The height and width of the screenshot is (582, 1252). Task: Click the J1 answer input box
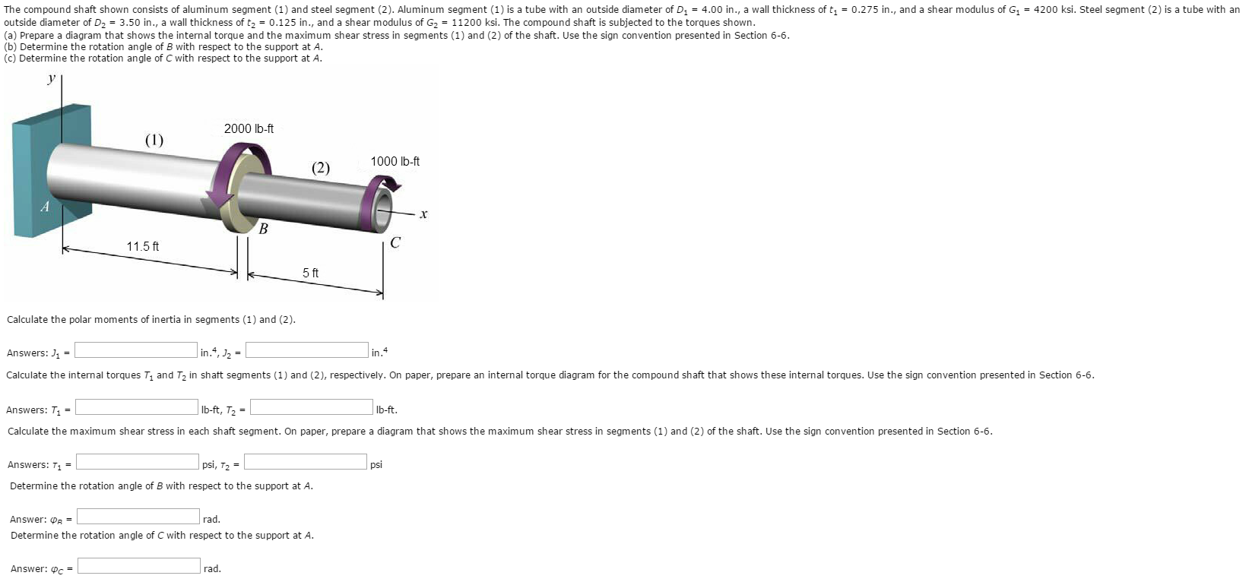(136, 350)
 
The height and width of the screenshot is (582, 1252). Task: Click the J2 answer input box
(307, 350)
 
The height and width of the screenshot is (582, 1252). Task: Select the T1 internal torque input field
(137, 407)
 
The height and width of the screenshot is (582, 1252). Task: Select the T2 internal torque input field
(312, 407)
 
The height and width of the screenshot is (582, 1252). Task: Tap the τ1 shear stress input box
(138, 462)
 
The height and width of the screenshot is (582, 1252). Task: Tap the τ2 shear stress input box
(306, 462)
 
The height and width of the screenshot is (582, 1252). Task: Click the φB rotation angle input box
(138, 517)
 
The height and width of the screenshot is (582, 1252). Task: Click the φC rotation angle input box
(139, 566)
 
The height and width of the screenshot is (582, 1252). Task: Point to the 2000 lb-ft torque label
(249, 129)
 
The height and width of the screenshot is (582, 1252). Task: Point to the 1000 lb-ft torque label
(395, 162)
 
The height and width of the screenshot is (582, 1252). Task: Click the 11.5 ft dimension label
(142, 247)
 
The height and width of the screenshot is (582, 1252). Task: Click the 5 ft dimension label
(310, 273)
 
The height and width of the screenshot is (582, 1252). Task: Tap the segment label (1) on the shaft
(154, 140)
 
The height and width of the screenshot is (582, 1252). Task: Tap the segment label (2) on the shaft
(321, 168)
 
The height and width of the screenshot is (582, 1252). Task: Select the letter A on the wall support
(45, 207)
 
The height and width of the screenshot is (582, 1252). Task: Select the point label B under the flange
(263, 229)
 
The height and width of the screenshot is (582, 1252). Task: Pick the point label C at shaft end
(395, 243)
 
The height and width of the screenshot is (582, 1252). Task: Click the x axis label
(423, 215)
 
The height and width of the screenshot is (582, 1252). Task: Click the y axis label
(52, 79)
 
